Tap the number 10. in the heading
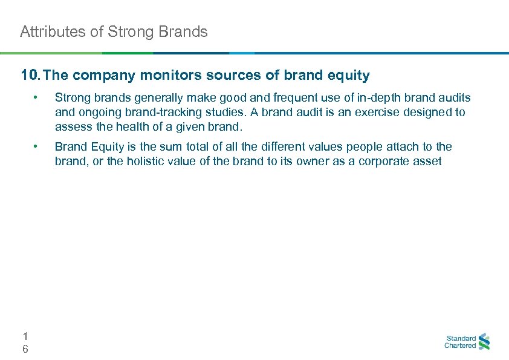click(x=30, y=76)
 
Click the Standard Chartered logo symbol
click(x=484, y=342)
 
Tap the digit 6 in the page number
click(x=25, y=349)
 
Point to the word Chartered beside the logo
click(x=460, y=346)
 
